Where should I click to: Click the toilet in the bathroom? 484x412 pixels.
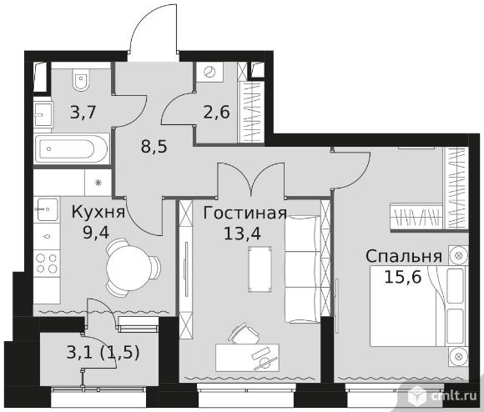tap(81, 79)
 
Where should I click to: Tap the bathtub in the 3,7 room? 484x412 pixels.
tap(72, 148)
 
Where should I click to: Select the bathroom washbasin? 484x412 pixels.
tap(43, 114)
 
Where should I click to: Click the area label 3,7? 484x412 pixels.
tap(83, 112)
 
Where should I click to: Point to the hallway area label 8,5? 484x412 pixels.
tap(154, 147)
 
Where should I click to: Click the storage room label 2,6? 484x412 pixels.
tap(216, 112)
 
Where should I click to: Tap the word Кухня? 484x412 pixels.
tap(98, 212)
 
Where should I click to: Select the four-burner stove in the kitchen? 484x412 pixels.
tap(47, 263)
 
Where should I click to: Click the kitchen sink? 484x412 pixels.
tap(48, 209)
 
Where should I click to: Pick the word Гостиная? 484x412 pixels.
tap(245, 213)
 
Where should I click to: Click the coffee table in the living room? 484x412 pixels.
tap(260, 269)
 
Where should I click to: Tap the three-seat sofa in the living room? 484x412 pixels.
tap(303, 269)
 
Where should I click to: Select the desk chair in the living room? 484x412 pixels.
tap(244, 334)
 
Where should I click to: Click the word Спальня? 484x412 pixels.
tap(404, 257)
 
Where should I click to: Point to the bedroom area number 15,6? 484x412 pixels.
tap(403, 278)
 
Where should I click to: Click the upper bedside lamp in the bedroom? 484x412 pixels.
tap(458, 255)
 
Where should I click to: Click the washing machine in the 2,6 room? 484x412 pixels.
tap(210, 73)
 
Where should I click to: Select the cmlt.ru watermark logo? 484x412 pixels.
tap(442, 397)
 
